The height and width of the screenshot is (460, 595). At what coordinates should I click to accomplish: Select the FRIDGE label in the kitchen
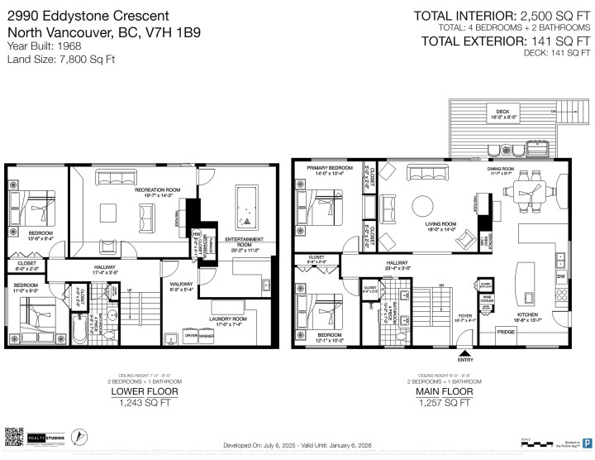tap(504, 331)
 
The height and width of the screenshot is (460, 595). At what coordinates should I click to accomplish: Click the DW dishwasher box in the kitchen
tap(561, 276)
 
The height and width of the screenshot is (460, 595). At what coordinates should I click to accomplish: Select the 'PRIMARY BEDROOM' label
tap(329, 169)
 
